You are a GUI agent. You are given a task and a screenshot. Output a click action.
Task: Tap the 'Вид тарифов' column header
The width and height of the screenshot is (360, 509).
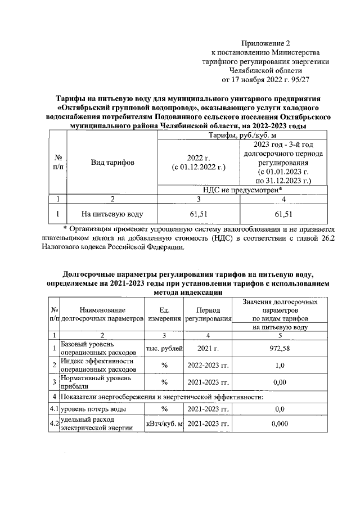pyautogui.click(x=112, y=163)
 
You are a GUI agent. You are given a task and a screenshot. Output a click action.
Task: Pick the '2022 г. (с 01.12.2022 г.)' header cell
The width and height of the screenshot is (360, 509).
pyautogui.click(x=199, y=163)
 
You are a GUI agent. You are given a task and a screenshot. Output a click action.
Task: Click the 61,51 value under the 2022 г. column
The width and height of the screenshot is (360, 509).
pyautogui.click(x=199, y=214)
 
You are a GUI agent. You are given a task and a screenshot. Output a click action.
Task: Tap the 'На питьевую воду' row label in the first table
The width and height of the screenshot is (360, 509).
pyautogui.click(x=112, y=214)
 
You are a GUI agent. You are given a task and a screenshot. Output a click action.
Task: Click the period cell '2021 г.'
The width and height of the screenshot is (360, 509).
pyautogui.click(x=208, y=348)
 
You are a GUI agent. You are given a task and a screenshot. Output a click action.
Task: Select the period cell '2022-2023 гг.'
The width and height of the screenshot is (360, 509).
pyautogui.click(x=208, y=366)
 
